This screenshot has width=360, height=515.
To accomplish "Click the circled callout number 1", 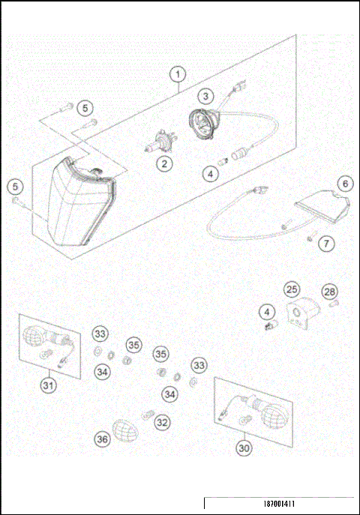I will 177,74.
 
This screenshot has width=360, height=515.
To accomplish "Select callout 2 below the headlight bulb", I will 163,162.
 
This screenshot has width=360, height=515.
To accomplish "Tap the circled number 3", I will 206,95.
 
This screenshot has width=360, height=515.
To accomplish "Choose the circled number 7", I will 325,243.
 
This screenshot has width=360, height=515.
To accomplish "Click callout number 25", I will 291,289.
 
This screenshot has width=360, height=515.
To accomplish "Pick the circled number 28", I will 329,291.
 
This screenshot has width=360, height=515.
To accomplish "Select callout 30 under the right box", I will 244,448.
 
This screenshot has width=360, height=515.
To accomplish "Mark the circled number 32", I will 162,422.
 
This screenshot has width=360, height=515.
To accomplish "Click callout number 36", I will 102,439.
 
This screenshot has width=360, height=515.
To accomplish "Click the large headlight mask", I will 78,202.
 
